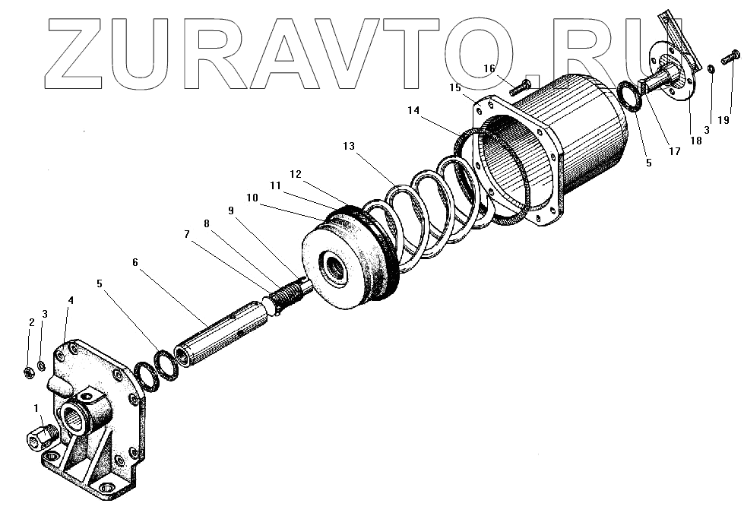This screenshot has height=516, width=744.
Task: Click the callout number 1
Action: [38, 409]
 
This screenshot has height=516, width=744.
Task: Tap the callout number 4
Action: [71, 301]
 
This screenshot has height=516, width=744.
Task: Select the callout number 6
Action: [135, 262]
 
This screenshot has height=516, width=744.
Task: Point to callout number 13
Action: [349, 147]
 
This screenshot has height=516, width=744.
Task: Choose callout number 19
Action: [724, 120]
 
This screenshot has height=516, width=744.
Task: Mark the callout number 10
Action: [252, 198]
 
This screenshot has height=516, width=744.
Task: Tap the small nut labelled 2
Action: [27, 372]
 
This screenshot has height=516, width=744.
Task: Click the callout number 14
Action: [413, 111]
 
